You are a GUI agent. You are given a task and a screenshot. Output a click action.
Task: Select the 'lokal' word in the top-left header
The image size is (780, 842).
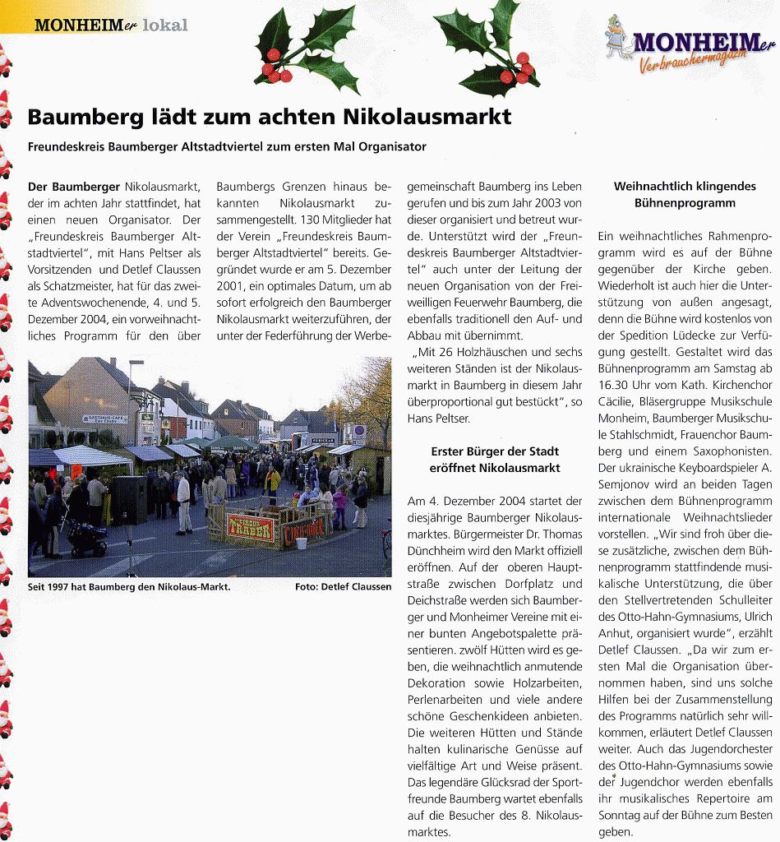click(x=165, y=25)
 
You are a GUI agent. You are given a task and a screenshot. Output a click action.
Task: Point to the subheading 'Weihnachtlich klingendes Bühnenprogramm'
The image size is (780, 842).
click(x=685, y=194)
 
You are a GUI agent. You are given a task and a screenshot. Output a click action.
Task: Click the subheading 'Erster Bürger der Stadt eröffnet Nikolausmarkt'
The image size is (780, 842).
click(x=495, y=460)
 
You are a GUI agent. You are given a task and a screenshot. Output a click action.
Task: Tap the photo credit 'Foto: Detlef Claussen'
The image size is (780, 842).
click(x=343, y=587)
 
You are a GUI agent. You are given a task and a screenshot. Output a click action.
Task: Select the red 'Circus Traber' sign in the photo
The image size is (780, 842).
click(x=251, y=529)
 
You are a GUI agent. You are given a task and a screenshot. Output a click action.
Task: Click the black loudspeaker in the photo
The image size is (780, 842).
click(x=128, y=499)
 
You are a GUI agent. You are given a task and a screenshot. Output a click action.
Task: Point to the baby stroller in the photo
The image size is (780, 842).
click(x=86, y=538)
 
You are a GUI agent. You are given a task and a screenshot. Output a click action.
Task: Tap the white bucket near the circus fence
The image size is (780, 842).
click(x=302, y=544)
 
